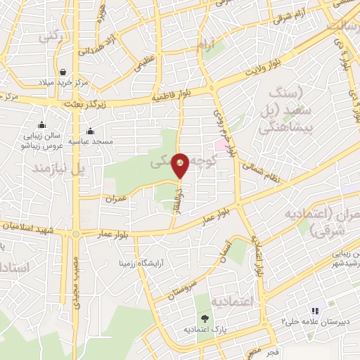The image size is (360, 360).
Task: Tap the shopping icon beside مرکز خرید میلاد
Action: (x=63, y=72)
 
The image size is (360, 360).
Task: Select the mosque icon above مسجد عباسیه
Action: (x=90, y=131)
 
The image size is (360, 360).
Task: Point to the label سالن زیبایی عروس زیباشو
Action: (x=45, y=137)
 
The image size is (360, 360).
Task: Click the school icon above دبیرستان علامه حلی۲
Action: (x=316, y=310)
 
